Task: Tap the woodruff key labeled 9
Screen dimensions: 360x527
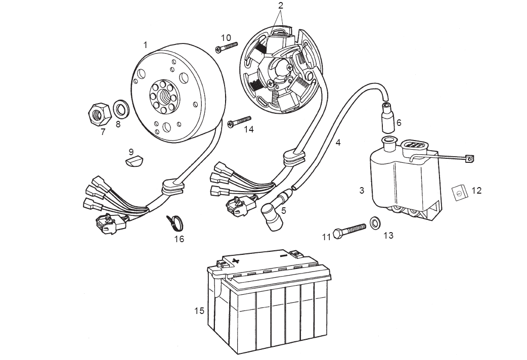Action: (135, 161)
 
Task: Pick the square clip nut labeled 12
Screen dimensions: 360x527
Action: (458, 192)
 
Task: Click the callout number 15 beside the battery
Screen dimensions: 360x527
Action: (199, 310)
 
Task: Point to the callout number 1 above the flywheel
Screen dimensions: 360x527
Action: (145, 45)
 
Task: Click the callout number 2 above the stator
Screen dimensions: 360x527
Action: (281, 6)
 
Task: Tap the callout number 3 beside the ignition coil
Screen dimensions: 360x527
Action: (362, 191)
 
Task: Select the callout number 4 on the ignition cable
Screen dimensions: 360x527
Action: (338, 143)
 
